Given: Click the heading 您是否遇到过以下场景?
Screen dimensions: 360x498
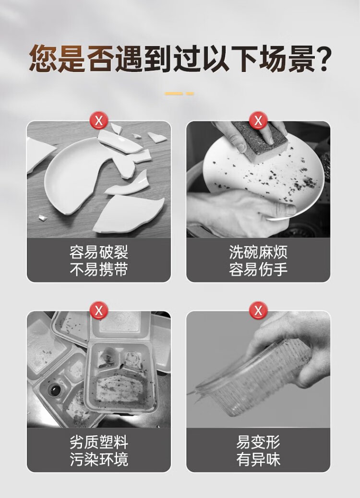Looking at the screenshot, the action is pyautogui.click(x=180, y=59).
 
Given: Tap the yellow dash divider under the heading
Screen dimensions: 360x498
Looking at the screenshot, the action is pyautogui.click(x=179, y=94).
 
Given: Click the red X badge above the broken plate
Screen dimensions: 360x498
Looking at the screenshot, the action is pyautogui.click(x=99, y=121).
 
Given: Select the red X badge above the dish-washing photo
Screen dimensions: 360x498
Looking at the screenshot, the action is pyautogui.click(x=258, y=121).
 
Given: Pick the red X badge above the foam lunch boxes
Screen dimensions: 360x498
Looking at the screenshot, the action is pyautogui.click(x=99, y=310).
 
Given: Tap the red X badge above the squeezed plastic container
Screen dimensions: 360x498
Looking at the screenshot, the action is pyautogui.click(x=258, y=310).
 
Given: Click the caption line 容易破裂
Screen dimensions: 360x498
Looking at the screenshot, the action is pyautogui.click(x=99, y=252).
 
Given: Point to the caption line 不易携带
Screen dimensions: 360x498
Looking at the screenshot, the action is pyautogui.click(x=99, y=269).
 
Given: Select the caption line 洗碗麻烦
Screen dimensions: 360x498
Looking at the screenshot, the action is pyautogui.click(x=258, y=252).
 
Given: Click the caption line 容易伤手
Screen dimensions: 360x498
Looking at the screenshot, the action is pyautogui.click(x=258, y=269).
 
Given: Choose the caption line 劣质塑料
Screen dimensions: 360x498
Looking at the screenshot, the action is pyautogui.click(x=99, y=442).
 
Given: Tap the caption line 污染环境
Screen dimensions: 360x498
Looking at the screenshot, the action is pyautogui.click(x=99, y=459).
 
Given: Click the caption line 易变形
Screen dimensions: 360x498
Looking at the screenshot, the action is pyautogui.click(x=258, y=442).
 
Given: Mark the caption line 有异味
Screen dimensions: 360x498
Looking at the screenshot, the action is pyautogui.click(x=258, y=459).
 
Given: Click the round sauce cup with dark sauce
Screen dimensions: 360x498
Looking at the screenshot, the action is pyautogui.click(x=55, y=389).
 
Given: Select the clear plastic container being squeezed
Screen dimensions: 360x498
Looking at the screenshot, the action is pyautogui.click(x=254, y=378).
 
